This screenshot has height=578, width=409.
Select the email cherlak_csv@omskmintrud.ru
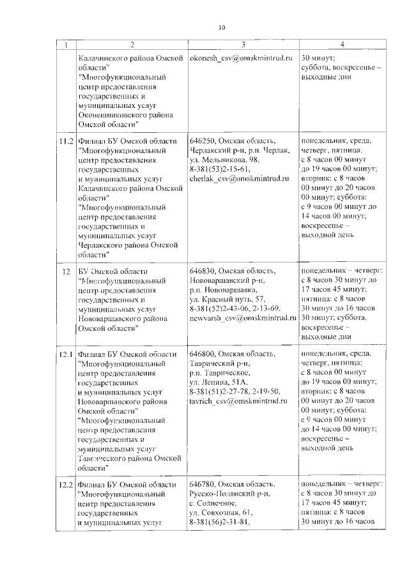tap(236, 179)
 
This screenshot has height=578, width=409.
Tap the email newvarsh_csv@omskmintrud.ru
tap(240, 317)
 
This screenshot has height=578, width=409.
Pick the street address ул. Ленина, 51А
tap(218, 382)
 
